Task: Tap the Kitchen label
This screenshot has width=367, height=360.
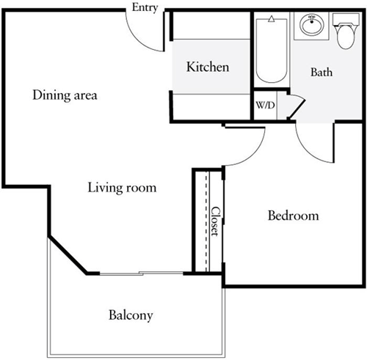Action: (208, 67)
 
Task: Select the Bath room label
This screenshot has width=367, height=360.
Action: (321, 72)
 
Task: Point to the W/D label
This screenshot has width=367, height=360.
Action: (265, 105)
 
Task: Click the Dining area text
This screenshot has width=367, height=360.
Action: (65, 95)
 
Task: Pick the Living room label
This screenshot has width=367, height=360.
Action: (122, 188)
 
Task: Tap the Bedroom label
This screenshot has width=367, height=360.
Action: (293, 216)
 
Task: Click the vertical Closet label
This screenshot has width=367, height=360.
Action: (215, 221)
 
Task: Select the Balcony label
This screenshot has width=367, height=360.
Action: (131, 316)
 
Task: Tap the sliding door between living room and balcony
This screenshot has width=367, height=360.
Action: (140, 273)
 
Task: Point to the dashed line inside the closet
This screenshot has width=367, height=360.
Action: (208, 221)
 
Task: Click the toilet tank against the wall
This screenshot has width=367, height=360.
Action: (343, 18)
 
